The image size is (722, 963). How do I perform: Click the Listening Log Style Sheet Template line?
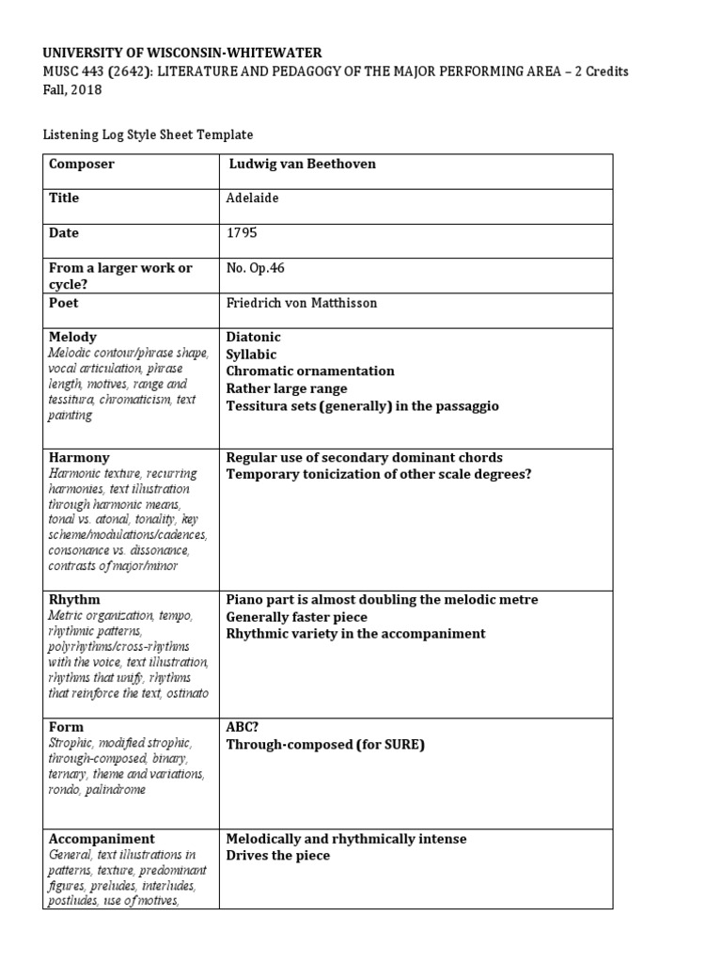[149, 135]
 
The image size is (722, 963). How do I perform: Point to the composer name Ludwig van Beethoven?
[302, 165]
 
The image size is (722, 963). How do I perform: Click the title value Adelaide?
[253, 198]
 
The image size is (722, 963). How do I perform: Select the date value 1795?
[242, 233]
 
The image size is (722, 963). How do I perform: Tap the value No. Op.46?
[256, 268]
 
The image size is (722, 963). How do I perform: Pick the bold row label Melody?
[72, 337]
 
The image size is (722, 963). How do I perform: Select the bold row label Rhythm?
[74, 600]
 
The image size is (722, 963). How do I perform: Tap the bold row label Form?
[66, 727]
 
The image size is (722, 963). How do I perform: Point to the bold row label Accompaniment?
[102, 839]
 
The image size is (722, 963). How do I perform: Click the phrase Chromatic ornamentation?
[310, 371]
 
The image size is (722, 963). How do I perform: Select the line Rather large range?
[287, 388]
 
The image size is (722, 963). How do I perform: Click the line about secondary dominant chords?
[364, 458]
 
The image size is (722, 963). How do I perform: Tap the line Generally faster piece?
[296, 617]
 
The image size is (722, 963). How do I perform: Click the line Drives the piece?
[278, 856]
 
